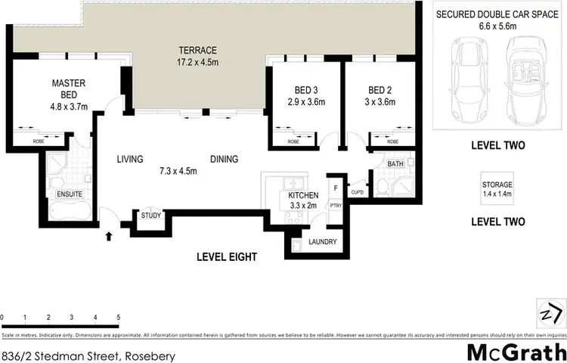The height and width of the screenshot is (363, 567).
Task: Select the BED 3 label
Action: [x=300, y=95]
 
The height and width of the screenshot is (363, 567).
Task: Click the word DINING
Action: [x=224, y=160]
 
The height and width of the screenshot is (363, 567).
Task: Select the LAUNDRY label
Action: [x=323, y=243]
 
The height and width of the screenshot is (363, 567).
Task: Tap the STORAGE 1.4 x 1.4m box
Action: [x=498, y=189]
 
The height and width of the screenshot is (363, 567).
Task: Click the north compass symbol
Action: [x=552, y=311]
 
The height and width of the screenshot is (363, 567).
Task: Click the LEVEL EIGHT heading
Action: [x=227, y=257]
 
